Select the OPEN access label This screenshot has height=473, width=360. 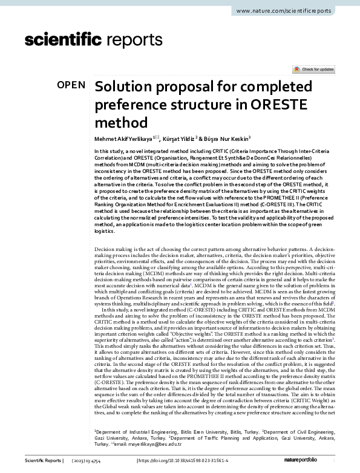(71, 85)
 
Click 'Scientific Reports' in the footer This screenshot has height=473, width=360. (44, 461)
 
